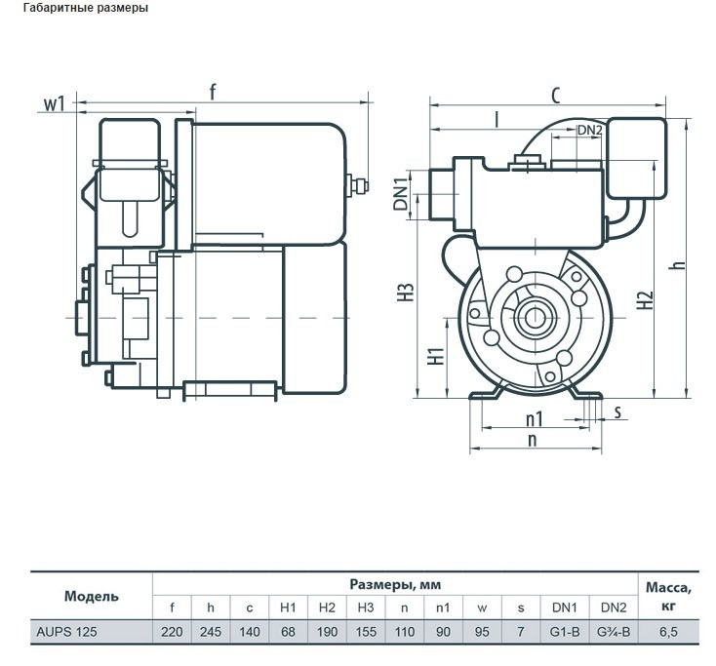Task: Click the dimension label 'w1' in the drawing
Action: pos(57,101)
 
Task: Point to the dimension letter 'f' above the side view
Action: pos(214,93)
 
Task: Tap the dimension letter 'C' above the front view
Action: pos(554,95)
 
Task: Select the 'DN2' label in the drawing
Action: pos(589,130)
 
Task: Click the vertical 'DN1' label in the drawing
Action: pos(400,194)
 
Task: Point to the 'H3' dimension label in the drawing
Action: pos(406,293)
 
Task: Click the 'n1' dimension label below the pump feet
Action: pos(534,419)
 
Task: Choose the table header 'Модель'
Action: pos(92,596)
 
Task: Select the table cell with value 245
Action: pos(211,631)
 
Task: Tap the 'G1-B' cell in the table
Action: pos(565,631)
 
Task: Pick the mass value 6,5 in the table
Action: pos(668,631)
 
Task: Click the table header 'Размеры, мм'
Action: pos(395,585)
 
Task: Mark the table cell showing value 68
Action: pos(288,631)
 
